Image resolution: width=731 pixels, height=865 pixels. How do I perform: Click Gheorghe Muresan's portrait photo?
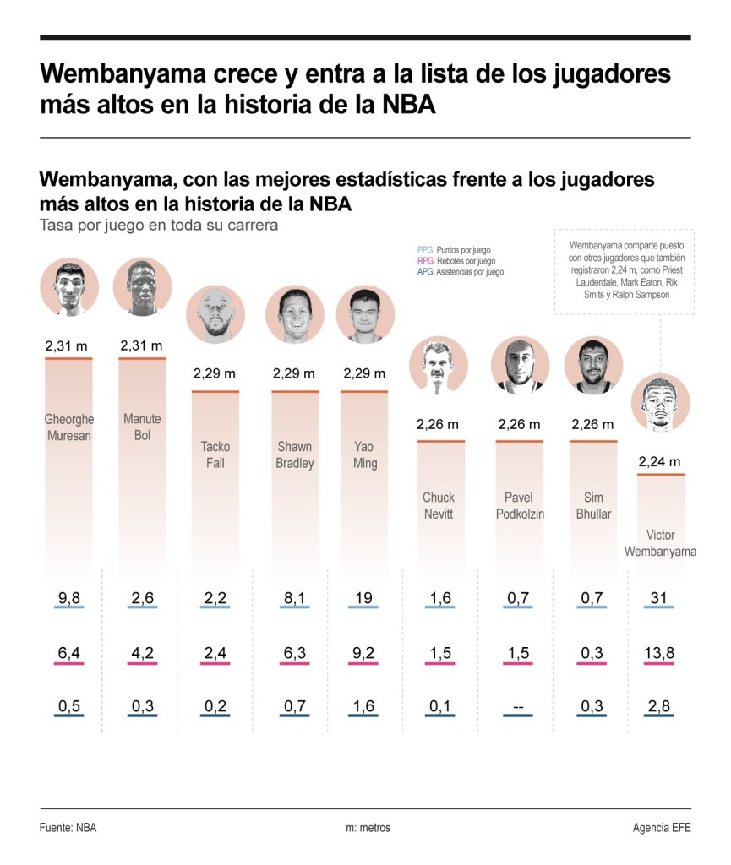68,287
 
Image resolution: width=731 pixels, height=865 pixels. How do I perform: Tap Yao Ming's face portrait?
365,313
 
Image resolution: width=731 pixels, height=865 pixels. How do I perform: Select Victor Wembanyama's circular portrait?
660,402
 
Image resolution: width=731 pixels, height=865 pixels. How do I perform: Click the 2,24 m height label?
660,462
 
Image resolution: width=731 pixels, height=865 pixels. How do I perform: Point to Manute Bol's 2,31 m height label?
142,345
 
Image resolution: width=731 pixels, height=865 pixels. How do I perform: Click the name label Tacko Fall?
215,454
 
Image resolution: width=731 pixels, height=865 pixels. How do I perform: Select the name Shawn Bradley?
295,454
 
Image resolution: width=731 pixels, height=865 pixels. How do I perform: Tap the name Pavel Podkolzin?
519,505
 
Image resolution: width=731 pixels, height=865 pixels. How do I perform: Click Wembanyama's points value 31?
660,598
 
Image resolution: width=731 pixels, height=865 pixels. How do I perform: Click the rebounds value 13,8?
660,653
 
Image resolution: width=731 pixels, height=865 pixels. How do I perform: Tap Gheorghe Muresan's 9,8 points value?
68,598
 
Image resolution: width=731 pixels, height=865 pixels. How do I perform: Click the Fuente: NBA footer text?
68,828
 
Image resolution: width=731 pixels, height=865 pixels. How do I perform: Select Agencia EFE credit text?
661,828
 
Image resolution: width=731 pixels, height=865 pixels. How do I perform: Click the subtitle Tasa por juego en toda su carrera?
158,226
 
